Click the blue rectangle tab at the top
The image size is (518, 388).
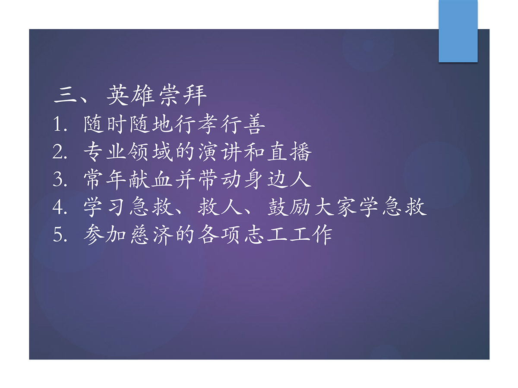pyautogui.click(x=458, y=31)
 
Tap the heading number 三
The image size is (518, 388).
pyautogui.click(x=65, y=95)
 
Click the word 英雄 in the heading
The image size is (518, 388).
pyautogui.click(x=129, y=95)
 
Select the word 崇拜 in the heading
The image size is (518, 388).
pyautogui.click(x=183, y=95)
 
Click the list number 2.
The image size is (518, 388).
pyautogui.click(x=60, y=152)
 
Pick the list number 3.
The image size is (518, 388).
pyautogui.click(x=60, y=179)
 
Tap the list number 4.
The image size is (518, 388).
pyautogui.click(x=60, y=207)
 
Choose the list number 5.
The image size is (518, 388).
pyautogui.click(x=60, y=235)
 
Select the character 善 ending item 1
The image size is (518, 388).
pyautogui.click(x=254, y=124)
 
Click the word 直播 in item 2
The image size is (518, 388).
pyautogui.click(x=289, y=152)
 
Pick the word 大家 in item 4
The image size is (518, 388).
pyautogui.click(x=335, y=207)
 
